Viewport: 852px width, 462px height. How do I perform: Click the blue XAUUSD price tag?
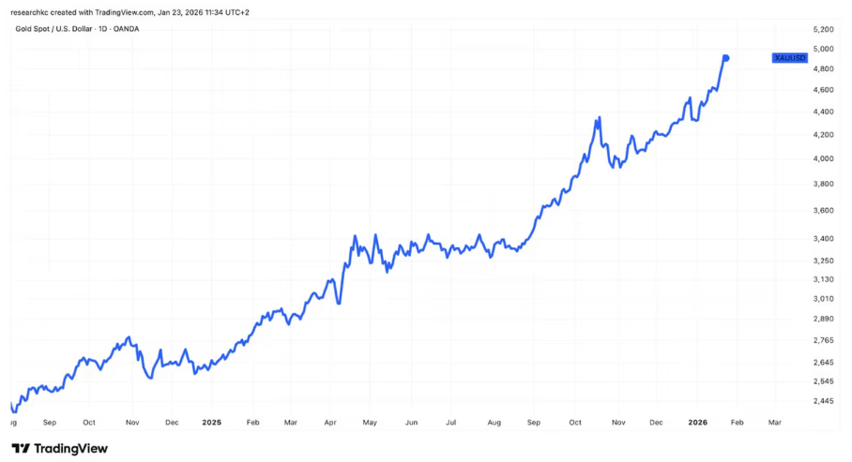tap(789, 58)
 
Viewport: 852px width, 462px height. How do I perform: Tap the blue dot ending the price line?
tap(726, 58)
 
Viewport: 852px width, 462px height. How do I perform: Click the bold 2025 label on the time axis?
tap(211, 423)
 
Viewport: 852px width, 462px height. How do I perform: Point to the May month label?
tap(370, 423)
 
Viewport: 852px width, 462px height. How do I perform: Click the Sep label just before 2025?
tap(50, 423)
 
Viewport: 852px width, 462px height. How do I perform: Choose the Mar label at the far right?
tap(775, 423)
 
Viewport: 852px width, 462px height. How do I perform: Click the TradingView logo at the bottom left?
tap(60, 448)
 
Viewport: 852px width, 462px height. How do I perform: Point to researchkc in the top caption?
tap(29, 12)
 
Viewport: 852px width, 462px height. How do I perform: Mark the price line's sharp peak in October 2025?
tap(598, 119)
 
